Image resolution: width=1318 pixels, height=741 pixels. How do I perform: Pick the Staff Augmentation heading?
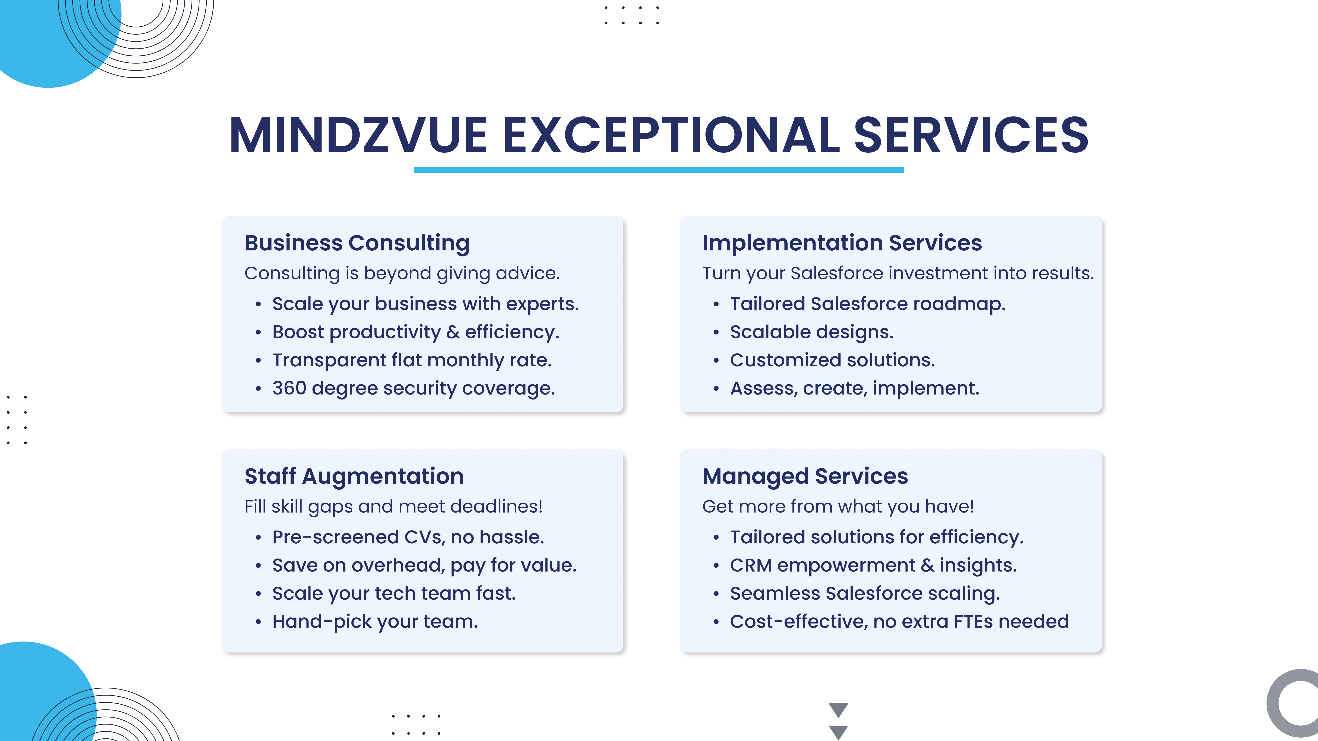tap(354, 476)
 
